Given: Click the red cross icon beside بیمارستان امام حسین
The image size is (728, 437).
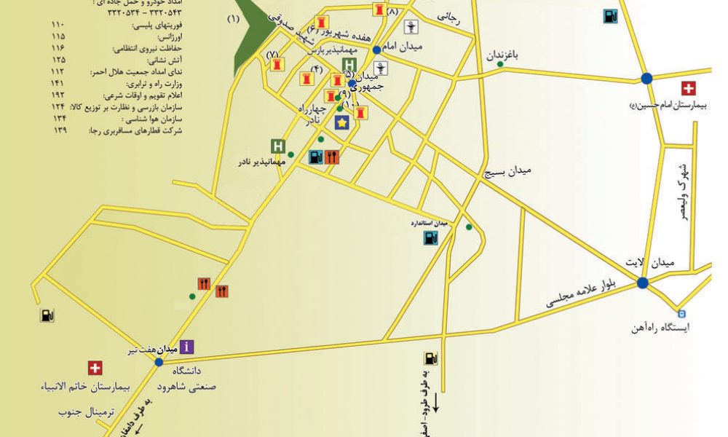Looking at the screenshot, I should coord(688,89).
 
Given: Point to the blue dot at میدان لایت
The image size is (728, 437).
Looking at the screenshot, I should coord(642,283).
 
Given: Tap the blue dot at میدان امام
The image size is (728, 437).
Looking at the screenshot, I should coord(376,50).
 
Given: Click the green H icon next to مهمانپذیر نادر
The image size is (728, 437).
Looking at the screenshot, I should coord(277,146).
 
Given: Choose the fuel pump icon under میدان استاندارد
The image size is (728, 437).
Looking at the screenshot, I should coord(430,237).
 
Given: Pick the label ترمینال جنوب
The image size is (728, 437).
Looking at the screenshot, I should coord(87,412).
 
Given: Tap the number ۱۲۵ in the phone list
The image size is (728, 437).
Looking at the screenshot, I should coord(59,60).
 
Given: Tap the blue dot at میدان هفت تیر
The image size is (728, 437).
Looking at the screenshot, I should coord(159,361).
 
